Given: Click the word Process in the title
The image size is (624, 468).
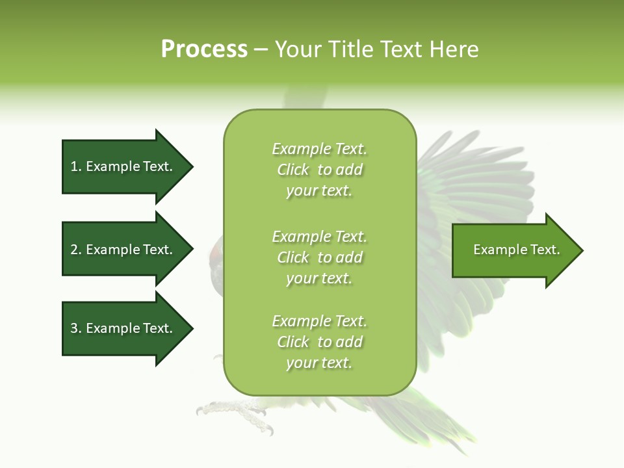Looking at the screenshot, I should (x=204, y=49).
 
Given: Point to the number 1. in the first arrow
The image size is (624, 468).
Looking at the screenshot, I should (x=76, y=166).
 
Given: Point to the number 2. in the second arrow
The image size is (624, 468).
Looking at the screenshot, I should (x=76, y=250).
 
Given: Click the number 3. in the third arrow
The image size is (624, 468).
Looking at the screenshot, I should (x=76, y=328).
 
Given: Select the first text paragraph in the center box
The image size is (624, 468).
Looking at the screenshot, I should (x=319, y=170).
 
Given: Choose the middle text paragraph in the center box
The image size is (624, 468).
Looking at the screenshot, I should (x=319, y=257).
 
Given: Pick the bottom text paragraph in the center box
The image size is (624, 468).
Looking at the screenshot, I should (x=319, y=342).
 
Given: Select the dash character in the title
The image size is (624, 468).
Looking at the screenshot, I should (x=261, y=50).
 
